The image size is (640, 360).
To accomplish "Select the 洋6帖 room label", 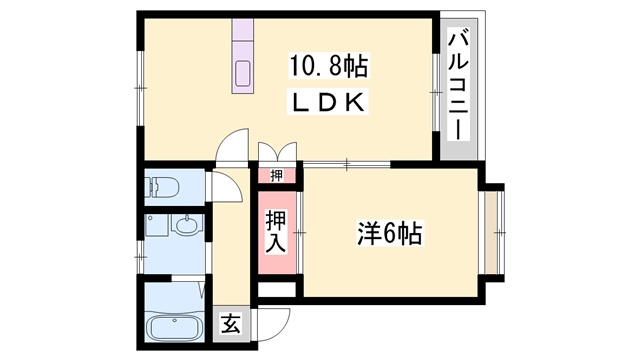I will pyautogui.click(x=389, y=234).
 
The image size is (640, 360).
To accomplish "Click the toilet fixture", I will pyautogui.click(x=162, y=187).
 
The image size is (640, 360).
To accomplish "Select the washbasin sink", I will pyautogui.click(x=186, y=226).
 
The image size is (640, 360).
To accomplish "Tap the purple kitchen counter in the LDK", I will pyautogui.click(x=245, y=56).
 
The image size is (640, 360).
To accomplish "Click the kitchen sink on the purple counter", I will pyautogui.click(x=245, y=74).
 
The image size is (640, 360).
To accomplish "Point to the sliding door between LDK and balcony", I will pyautogui.click(x=436, y=90).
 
